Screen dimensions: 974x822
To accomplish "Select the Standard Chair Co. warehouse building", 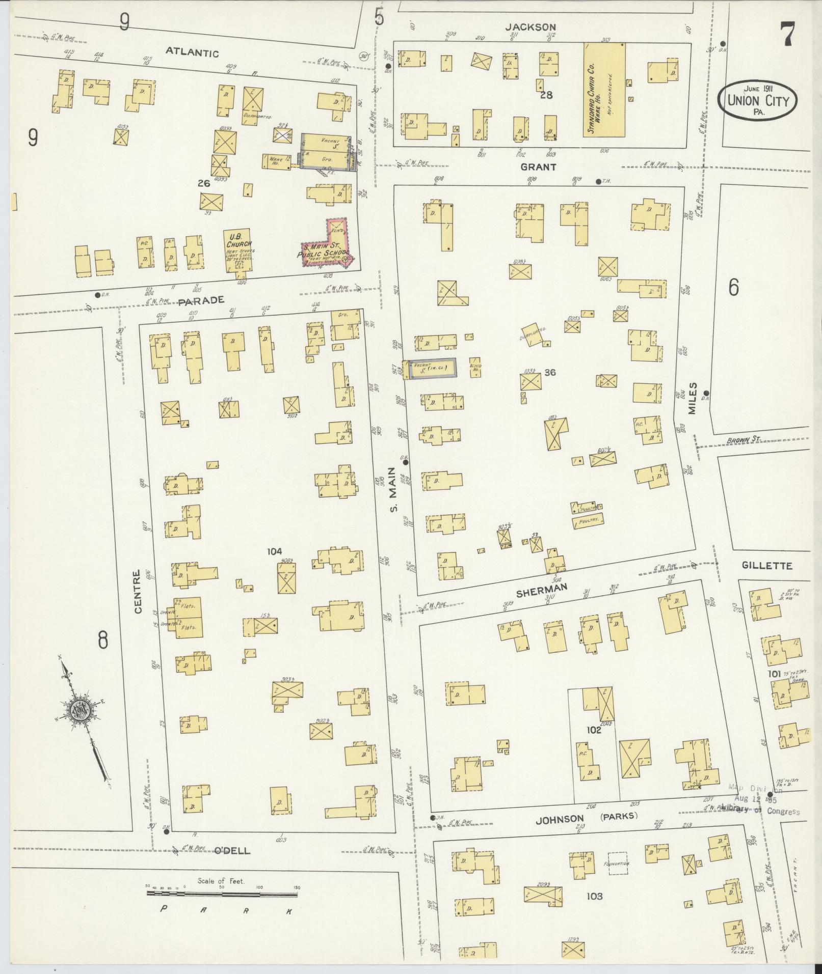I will tap(604, 90).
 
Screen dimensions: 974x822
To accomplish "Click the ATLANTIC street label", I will tap(192, 53).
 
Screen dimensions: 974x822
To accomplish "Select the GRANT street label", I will tap(538, 166).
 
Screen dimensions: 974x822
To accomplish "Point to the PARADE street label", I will tap(201, 300).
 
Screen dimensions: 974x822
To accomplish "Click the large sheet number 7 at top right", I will tap(787, 36).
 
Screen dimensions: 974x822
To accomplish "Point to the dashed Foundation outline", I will tap(617, 864).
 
